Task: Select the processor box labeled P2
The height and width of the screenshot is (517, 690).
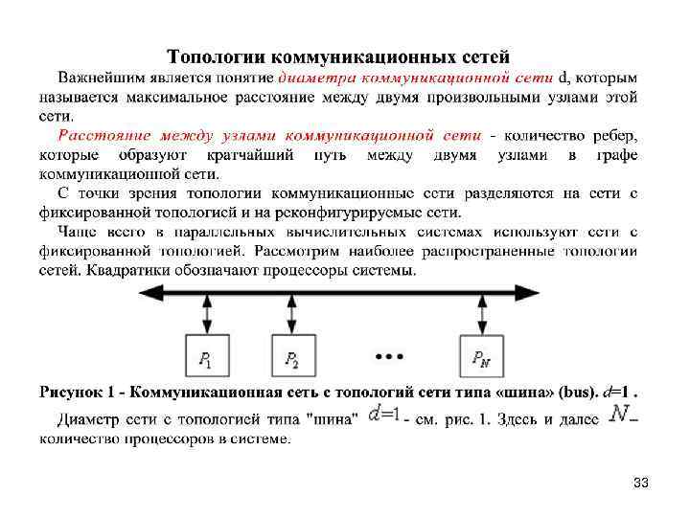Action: click(x=292, y=357)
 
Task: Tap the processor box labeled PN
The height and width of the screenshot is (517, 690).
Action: click(x=481, y=357)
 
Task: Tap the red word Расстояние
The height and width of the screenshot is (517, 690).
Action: click(x=98, y=134)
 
